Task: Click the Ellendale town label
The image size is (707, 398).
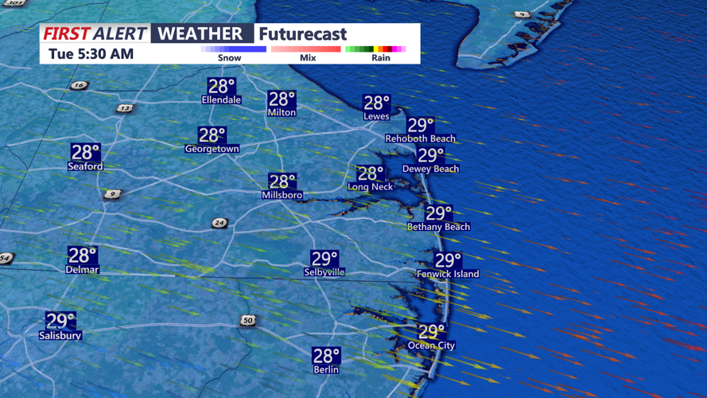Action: point(221,100)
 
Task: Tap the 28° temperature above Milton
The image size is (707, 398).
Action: point(282,99)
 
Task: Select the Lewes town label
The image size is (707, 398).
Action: point(376,116)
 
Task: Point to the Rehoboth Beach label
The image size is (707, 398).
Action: point(420,139)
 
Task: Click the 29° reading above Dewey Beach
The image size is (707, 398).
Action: point(431,155)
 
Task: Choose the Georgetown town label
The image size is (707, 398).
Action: point(212,149)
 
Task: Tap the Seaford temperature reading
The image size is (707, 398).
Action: point(85,152)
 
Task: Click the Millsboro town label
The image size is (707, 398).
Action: point(282,195)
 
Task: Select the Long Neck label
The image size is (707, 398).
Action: point(370,187)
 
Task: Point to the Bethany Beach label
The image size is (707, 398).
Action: point(438,227)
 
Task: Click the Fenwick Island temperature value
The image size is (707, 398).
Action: point(448,260)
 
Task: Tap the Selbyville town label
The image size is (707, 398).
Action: point(324,272)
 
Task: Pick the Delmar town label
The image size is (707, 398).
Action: point(82,270)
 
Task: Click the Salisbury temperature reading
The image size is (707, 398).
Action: point(60,321)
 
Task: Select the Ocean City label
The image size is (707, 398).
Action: point(431,345)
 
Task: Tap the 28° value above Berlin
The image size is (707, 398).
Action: point(326,356)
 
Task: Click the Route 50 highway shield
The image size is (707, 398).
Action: point(247,320)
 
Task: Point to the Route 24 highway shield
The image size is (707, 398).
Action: point(219,223)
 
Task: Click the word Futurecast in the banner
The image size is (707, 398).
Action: point(302,34)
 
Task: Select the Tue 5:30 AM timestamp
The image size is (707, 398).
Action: point(91,54)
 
